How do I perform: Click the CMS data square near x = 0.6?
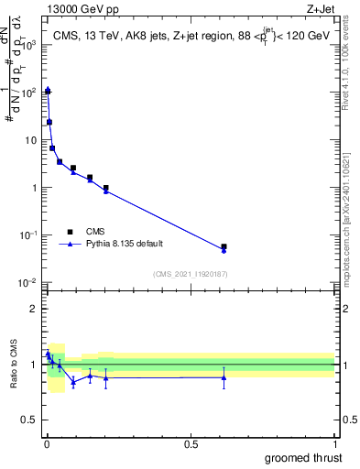point(224,246)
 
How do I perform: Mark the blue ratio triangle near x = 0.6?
point(224,377)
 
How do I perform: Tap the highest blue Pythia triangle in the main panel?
point(47,90)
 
